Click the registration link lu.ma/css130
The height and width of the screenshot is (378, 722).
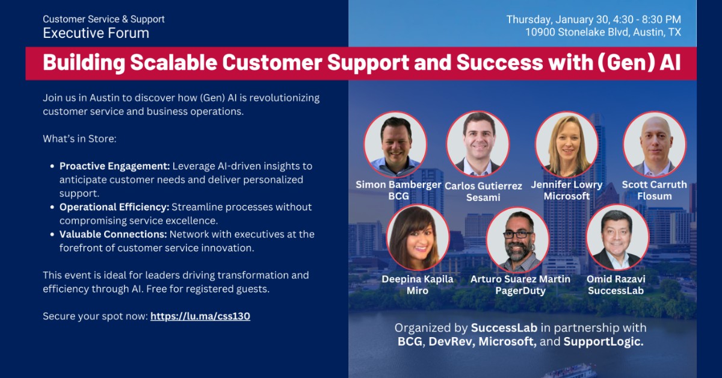point(200,316)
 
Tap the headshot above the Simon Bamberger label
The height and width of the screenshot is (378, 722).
point(395,144)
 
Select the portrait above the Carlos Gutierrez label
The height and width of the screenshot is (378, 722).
point(478,144)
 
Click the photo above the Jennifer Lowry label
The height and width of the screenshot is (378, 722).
point(566,144)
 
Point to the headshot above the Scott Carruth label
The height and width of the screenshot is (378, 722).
point(655,144)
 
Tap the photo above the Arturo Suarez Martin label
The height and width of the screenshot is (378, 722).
point(517,239)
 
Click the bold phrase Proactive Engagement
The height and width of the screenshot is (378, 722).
point(115,166)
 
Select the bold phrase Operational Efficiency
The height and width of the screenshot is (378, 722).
point(114,207)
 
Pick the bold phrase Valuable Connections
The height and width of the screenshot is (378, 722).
point(113,234)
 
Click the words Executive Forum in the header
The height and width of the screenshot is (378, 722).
point(96,33)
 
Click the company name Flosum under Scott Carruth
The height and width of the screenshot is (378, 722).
point(654,196)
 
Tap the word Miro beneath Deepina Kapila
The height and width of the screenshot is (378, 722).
point(418,291)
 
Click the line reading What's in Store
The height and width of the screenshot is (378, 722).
point(79,139)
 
